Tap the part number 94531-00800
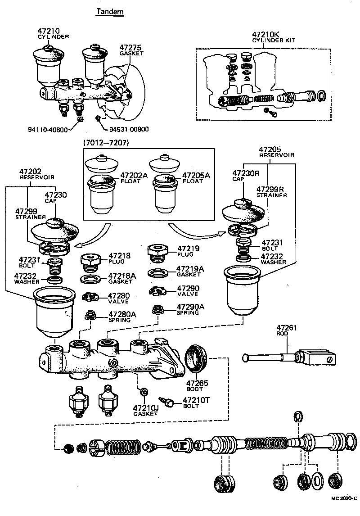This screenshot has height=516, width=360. (129, 129)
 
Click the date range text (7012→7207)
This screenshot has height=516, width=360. (105, 143)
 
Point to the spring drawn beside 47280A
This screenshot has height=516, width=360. (92, 316)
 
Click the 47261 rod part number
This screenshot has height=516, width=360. (287, 328)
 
